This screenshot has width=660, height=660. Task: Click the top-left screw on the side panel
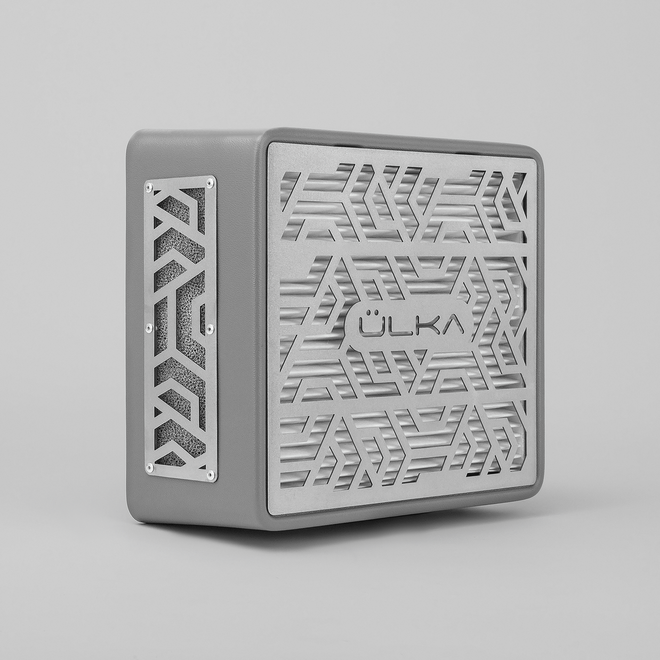click(149, 186)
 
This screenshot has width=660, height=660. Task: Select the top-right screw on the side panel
click(208, 183)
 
